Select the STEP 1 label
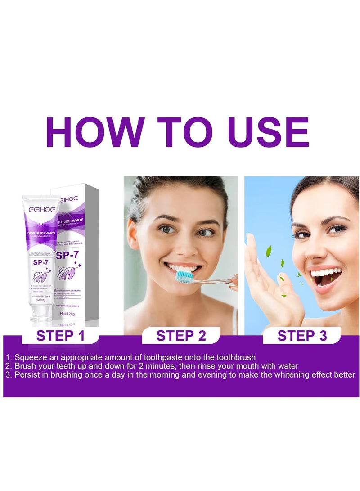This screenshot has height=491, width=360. [x=61, y=336]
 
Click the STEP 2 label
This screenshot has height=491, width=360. [x=181, y=336]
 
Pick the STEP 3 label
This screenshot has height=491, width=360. [x=302, y=336]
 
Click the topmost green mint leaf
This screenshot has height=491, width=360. [x=269, y=250]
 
